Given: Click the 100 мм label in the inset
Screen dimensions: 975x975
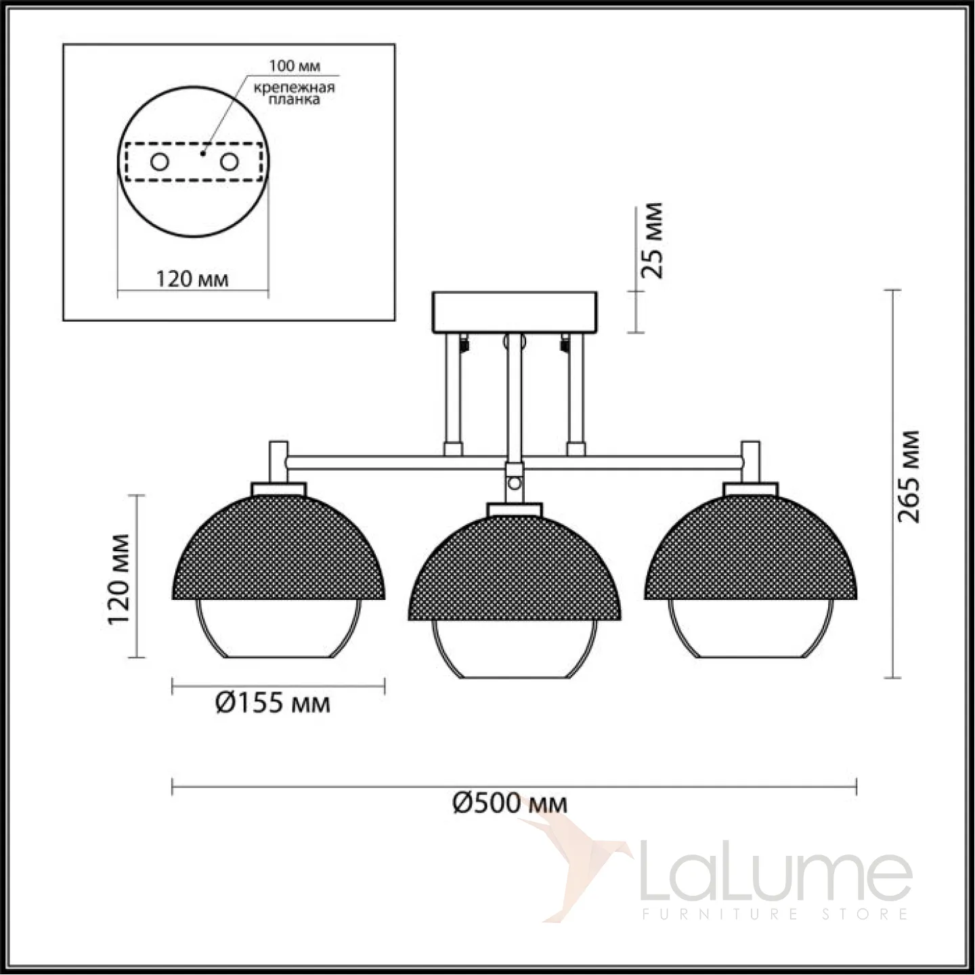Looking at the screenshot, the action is pos(295,66).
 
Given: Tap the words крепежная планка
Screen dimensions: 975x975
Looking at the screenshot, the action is pos(294,93).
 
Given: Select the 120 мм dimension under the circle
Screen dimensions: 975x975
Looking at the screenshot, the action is pos(192,279).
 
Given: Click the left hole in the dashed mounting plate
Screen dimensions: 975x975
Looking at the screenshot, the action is pos(160,162).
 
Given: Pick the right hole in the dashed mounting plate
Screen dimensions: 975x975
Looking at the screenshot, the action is pos(230,162).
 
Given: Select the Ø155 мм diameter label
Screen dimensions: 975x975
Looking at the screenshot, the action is pos(274,703).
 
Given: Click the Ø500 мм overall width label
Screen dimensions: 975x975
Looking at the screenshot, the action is pos(510,803).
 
